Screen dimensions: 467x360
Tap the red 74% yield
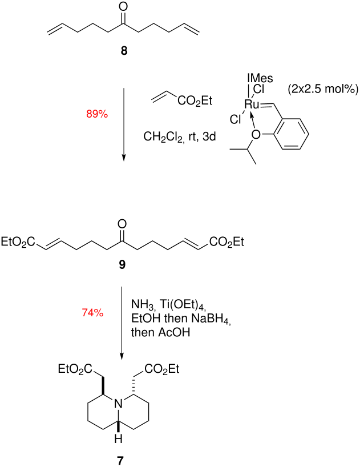coord(91,312)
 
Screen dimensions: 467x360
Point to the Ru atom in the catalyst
coord(252,103)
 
